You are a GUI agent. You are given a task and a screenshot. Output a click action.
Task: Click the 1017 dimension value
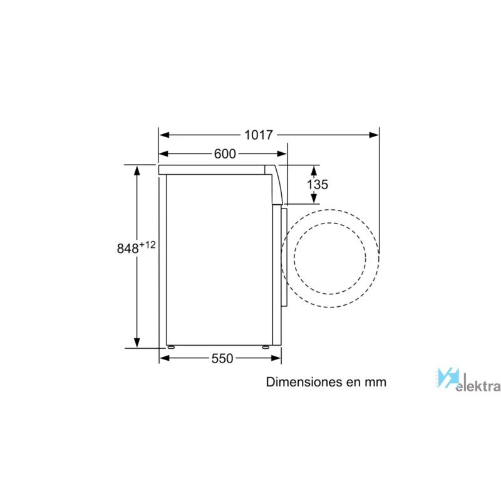tap(259, 135)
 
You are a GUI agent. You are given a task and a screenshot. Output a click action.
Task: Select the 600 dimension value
tap(225, 153)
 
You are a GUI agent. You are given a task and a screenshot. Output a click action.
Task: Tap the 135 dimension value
tap(318, 184)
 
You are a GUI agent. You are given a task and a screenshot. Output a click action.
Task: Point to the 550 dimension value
tap(222, 358)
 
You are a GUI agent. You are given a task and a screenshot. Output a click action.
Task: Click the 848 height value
tap(128, 248)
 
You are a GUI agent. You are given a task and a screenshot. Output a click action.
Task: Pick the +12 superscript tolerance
tap(148, 245)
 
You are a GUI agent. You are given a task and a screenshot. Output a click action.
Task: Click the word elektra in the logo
tap(478, 386)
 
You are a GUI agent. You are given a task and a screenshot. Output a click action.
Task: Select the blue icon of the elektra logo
tap(448, 378)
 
